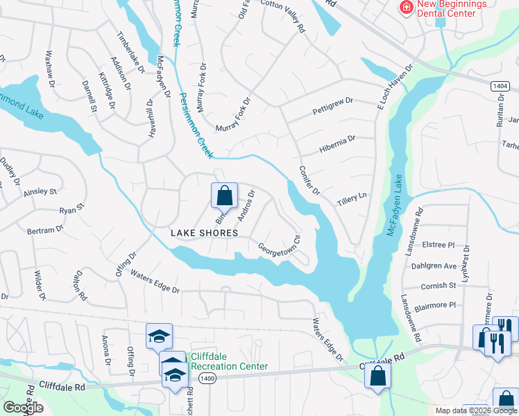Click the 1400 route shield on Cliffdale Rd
click(x=205, y=379)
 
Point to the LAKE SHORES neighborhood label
click(x=204, y=234)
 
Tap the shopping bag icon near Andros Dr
click(x=224, y=196)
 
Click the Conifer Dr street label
click(x=309, y=180)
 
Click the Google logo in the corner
click(x=23, y=408)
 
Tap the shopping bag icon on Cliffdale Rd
click(x=377, y=376)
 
